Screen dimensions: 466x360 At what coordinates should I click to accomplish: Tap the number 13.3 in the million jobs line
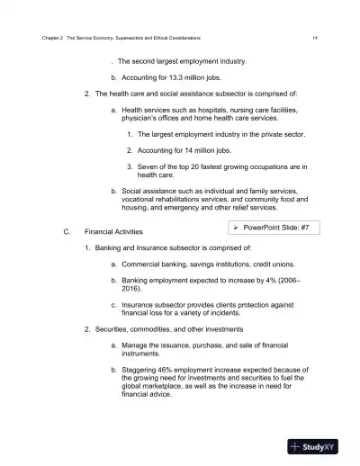[167, 77]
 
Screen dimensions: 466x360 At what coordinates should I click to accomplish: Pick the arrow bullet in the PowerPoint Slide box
[236, 229]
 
